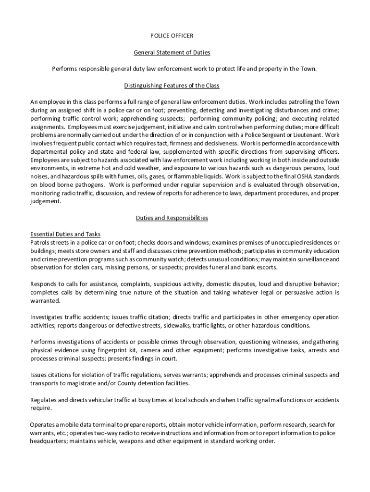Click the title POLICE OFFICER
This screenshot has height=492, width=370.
coord(172,36)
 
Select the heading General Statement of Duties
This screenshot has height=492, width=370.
coord(172,52)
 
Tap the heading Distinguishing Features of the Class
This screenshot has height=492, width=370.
coord(172,86)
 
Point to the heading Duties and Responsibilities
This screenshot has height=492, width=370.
coord(172,218)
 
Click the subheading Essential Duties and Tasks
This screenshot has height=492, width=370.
coord(65,234)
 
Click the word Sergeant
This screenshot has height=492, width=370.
coord(273,135)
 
